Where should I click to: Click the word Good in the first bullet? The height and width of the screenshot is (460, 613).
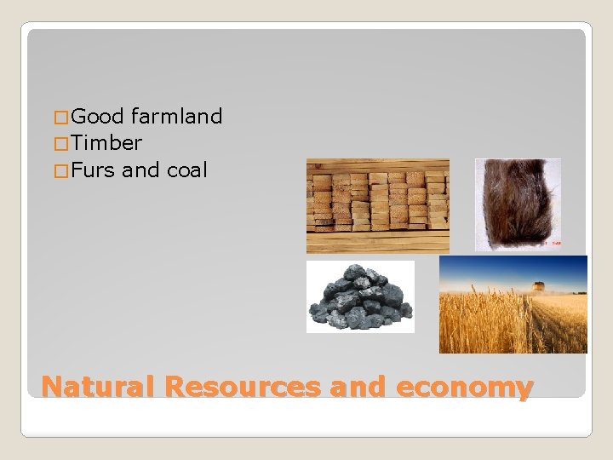[x=99, y=116]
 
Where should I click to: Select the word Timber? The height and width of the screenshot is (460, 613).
[x=107, y=143]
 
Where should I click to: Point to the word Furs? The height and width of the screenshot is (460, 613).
[x=94, y=170]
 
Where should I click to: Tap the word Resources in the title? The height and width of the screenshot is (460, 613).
[x=248, y=388]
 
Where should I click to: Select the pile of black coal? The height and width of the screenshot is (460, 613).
[x=359, y=298]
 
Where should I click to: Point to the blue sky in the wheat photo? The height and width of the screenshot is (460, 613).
[x=511, y=268]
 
